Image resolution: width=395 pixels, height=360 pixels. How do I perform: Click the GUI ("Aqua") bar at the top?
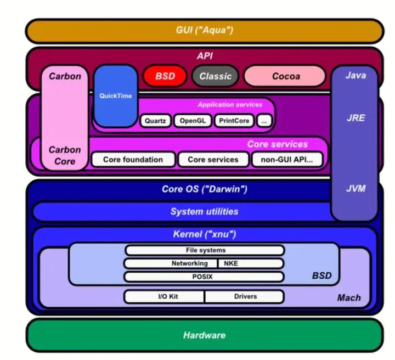(x=204, y=31)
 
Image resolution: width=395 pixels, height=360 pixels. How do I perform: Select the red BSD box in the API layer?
(x=165, y=76)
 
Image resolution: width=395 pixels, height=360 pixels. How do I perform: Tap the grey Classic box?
(x=215, y=76)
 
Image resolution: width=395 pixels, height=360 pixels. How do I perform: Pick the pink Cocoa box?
(x=285, y=76)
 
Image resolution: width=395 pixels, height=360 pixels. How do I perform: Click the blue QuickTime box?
(x=116, y=95)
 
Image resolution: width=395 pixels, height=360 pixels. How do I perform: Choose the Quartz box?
(x=155, y=121)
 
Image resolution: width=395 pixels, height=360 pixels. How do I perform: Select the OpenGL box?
(x=192, y=121)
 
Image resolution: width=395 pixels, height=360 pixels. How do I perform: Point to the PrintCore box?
(x=233, y=121)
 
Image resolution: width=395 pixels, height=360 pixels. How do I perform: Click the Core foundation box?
(x=134, y=160)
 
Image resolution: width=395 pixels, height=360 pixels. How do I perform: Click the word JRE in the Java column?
(x=356, y=118)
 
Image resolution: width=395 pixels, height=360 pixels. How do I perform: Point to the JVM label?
(x=356, y=188)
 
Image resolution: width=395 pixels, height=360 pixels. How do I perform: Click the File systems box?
(x=205, y=250)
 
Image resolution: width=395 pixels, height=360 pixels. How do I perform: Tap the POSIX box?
(x=205, y=277)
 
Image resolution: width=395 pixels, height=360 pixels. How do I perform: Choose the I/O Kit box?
(x=164, y=297)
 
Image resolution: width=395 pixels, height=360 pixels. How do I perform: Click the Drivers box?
(x=244, y=297)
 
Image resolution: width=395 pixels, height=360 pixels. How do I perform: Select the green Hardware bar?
(x=204, y=335)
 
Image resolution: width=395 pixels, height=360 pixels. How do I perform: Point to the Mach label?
(x=349, y=298)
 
